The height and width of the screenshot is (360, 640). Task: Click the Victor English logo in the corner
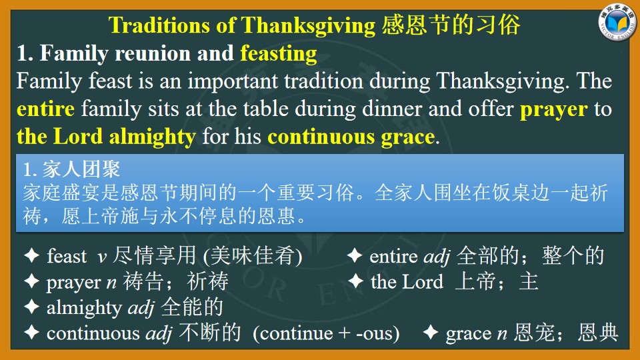[617, 22]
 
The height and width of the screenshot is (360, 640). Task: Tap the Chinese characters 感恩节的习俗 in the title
[451, 25]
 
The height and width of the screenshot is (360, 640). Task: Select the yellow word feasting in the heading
[279, 54]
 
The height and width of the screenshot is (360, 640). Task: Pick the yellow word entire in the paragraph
[46, 109]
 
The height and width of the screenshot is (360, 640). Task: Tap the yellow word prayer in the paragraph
[554, 109]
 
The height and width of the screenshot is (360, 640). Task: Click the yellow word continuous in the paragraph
[321, 137]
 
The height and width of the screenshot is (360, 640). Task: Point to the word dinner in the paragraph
[392, 109]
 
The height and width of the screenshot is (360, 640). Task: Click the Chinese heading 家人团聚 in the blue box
[81, 169]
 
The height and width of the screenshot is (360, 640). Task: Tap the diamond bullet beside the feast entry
[31, 255]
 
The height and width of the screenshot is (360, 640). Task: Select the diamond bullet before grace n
[430, 332]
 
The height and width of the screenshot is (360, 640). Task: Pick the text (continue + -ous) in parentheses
[326, 333]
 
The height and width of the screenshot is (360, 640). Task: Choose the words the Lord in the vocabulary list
[407, 281]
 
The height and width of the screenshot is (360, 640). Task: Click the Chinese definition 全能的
[192, 307]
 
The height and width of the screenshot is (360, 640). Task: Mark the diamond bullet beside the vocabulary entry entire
[355, 255]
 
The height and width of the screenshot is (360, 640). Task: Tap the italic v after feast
[102, 257]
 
